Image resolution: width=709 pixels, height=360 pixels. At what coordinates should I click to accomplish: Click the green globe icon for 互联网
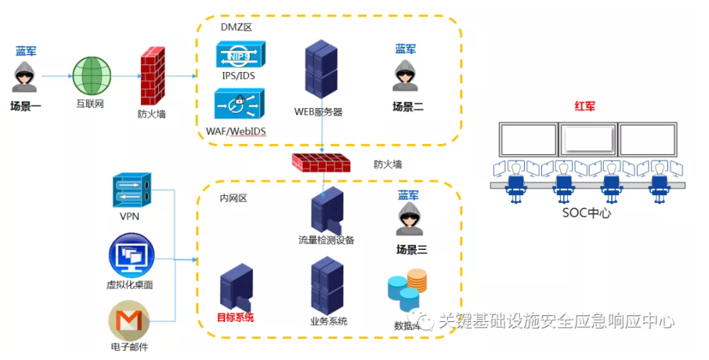(93, 75)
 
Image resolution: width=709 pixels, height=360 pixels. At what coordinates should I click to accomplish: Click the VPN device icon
(132, 191)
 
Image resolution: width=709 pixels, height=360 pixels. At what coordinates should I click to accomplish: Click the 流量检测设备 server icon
(327, 210)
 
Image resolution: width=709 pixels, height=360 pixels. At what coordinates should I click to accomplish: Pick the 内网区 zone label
(233, 198)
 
